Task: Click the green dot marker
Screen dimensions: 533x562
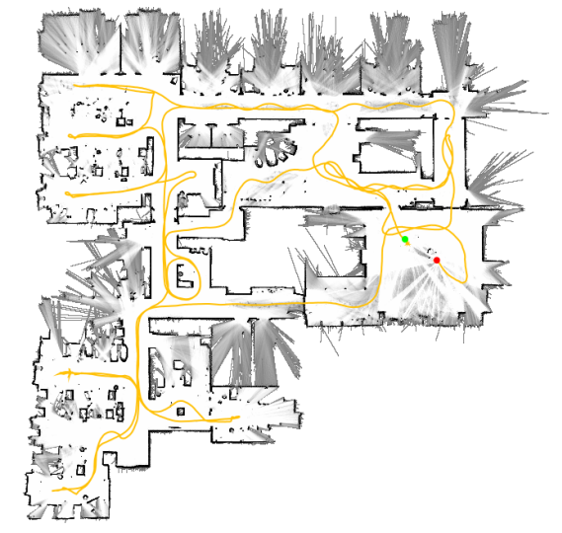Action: click(x=405, y=240)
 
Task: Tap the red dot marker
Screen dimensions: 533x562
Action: click(x=437, y=260)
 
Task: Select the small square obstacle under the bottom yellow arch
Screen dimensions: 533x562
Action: click(x=181, y=407)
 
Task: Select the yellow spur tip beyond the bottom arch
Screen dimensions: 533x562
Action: click(x=238, y=418)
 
